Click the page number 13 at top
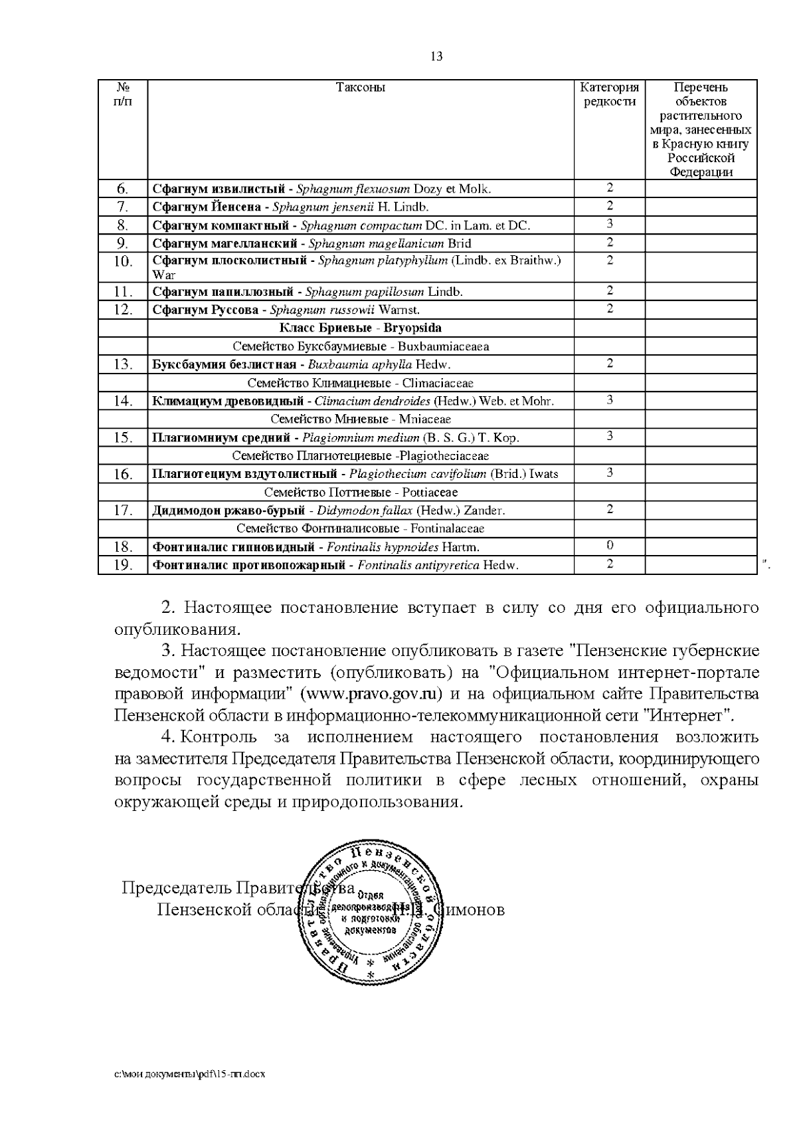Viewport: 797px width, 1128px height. (x=436, y=56)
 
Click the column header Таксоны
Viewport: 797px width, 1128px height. (x=360, y=88)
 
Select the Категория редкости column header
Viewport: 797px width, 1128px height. (x=609, y=94)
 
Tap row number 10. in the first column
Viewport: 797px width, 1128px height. (x=123, y=261)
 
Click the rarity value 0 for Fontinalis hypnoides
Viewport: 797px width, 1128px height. (x=609, y=546)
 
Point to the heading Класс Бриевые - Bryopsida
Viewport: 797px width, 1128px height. (x=360, y=328)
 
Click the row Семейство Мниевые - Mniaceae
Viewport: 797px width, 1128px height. (x=360, y=419)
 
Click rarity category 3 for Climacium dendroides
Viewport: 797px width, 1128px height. (x=609, y=400)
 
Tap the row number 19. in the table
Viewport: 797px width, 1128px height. (x=123, y=565)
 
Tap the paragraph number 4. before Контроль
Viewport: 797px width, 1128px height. (x=168, y=737)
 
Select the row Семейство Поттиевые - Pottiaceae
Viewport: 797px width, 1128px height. (x=360, y=492)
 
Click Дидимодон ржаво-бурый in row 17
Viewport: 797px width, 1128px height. (x=228, y=510)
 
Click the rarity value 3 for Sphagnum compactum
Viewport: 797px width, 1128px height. (x=609, y=224)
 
